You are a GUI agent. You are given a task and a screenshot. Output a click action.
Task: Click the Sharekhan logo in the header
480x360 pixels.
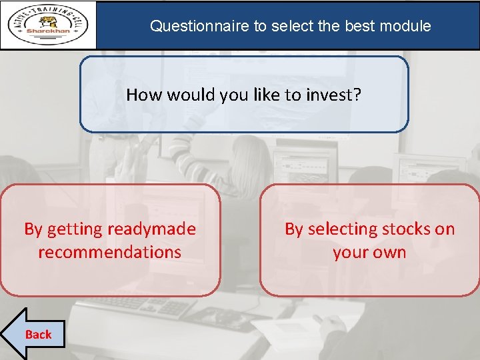click(x=49, y=25)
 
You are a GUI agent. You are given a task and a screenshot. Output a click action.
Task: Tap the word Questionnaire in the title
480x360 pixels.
click(x=199, y=26)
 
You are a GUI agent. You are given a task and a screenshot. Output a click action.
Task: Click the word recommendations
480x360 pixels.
click(x=110, y=252)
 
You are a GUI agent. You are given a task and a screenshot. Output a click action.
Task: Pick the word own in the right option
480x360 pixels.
click(x=390, y=252)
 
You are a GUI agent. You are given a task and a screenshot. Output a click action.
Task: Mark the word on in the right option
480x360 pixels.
click(x=444, y=229)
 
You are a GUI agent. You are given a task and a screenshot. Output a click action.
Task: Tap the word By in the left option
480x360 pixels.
click(x=33, y=229)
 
